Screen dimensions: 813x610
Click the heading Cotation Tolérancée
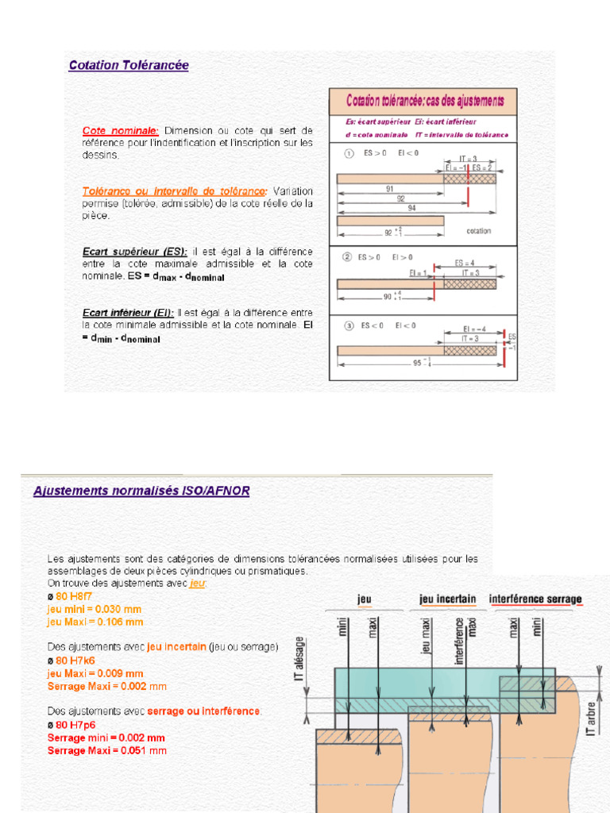click(129, 66)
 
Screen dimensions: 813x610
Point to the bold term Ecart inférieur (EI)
click(128, 313)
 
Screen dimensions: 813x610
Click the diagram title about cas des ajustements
click(424, 101)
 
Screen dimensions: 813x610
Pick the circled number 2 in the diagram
click(347, 257)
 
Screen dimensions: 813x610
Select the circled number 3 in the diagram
click(347, 325)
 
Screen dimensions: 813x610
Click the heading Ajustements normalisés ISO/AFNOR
click(141, 491)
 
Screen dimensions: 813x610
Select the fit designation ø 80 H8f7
click(70, 595)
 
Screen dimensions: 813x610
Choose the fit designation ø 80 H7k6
click(71, 660)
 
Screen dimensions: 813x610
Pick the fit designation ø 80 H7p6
click(71, 725)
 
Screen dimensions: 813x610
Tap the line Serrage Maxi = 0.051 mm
click(106, 750)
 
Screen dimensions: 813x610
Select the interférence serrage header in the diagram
click(535, 599)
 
